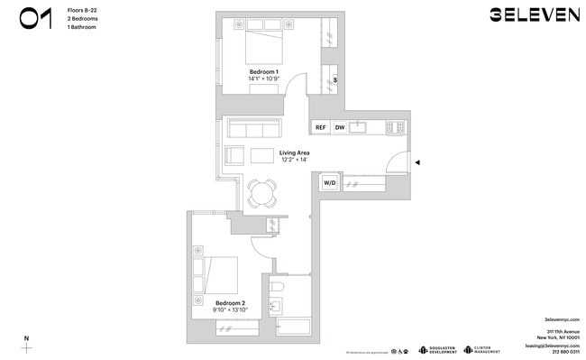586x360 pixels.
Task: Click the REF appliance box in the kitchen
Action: (320, 128)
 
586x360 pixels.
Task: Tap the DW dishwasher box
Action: (340, 128)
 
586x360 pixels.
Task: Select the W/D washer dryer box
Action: (330, 183)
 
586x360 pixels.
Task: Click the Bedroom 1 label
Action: (263, 72)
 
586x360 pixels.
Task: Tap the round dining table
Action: (262, 191)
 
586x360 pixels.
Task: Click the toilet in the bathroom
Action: (279, 287)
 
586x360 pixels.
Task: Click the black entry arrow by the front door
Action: (417, 163)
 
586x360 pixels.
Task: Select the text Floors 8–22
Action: (83, 10)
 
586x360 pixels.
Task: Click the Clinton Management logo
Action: (482, 350)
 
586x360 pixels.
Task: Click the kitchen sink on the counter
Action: (358, 128)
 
